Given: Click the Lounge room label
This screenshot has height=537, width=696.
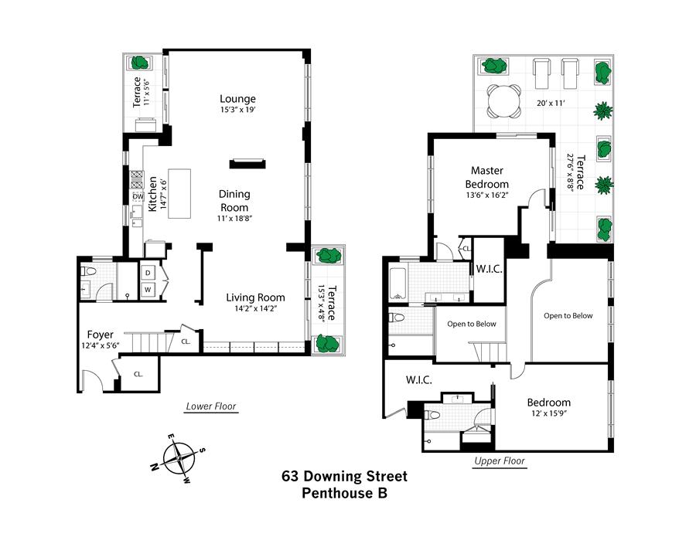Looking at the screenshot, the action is pyautogui.click(x=238, y=98).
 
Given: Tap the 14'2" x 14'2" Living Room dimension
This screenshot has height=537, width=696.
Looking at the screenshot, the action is pyautogui.click(x=256, y=309).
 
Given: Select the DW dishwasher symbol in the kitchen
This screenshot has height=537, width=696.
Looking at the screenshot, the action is pyautogui.click(x=138, y=196).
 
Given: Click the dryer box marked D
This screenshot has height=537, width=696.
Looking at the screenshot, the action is pyautogui.click(x=148, y=273).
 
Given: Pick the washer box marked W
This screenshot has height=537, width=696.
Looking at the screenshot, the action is pyautogui.click(x=148, y=290).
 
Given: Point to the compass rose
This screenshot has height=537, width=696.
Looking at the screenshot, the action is pyautogui.click(x=179, y=458).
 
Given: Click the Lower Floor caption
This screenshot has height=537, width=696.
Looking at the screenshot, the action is pyautogui.click(x=211, y=406).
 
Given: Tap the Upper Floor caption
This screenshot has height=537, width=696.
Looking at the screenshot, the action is pyautogui.click(x=500, y=461).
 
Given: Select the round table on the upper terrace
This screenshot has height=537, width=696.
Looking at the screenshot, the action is pyautogui.click(x=503, y=101).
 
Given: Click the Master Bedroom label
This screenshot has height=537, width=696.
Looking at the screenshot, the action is pyautogui.click(x=487, y=177).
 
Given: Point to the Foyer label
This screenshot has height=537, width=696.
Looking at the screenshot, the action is pyautogui.click(x=101, y=335).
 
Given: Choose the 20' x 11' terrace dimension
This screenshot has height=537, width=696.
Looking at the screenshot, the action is pyautogui.click(x=551, y=103).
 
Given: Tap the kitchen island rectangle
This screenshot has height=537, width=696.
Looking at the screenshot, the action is pyautogui.click(x=179, y=194).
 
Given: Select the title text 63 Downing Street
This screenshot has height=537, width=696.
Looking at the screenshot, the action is pyautogui.click(x=344, y=476).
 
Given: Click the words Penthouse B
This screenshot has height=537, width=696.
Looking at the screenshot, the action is pyautogui.click(x=344, y=493).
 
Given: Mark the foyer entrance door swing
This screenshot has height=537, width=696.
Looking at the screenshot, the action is pyautogui.click(x=92, y=379).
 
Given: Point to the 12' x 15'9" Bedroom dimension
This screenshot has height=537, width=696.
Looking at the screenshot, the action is pyautogui.click(x=550, y=413).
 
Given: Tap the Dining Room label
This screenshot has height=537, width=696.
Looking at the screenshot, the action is pyautogui.click(x=234, y=200).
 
